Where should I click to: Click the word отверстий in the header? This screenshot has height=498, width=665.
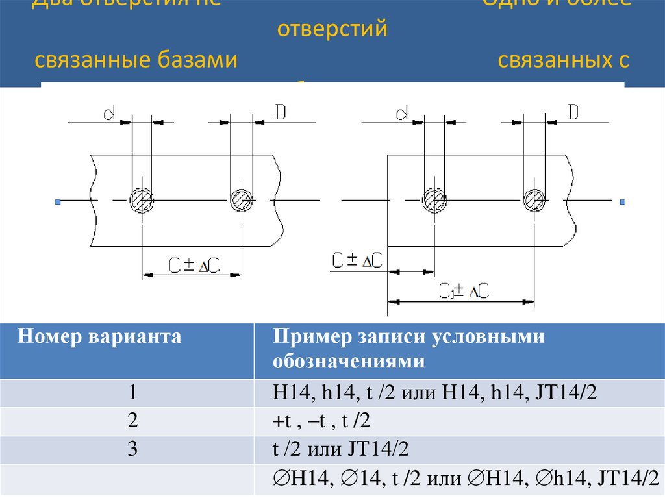coord(332,30)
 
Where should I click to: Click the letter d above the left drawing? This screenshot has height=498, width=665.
coord(109,114)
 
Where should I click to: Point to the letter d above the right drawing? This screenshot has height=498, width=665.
coord(402,114)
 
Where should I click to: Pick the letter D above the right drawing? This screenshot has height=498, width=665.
coord(573,112)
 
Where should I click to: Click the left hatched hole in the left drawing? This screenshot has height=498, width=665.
coord(142,201)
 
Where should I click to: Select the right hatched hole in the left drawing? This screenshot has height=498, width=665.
coord(242,201)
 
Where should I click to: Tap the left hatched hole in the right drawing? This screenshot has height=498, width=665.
coord(433,201)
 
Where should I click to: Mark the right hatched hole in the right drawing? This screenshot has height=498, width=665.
coord(534,201)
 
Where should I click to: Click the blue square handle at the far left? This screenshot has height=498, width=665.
coord(57,203)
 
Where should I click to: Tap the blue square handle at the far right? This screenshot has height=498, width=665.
coord(622,203)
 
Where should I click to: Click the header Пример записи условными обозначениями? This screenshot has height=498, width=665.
coord(409,349)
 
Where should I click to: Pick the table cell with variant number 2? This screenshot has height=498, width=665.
coord(132,421)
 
